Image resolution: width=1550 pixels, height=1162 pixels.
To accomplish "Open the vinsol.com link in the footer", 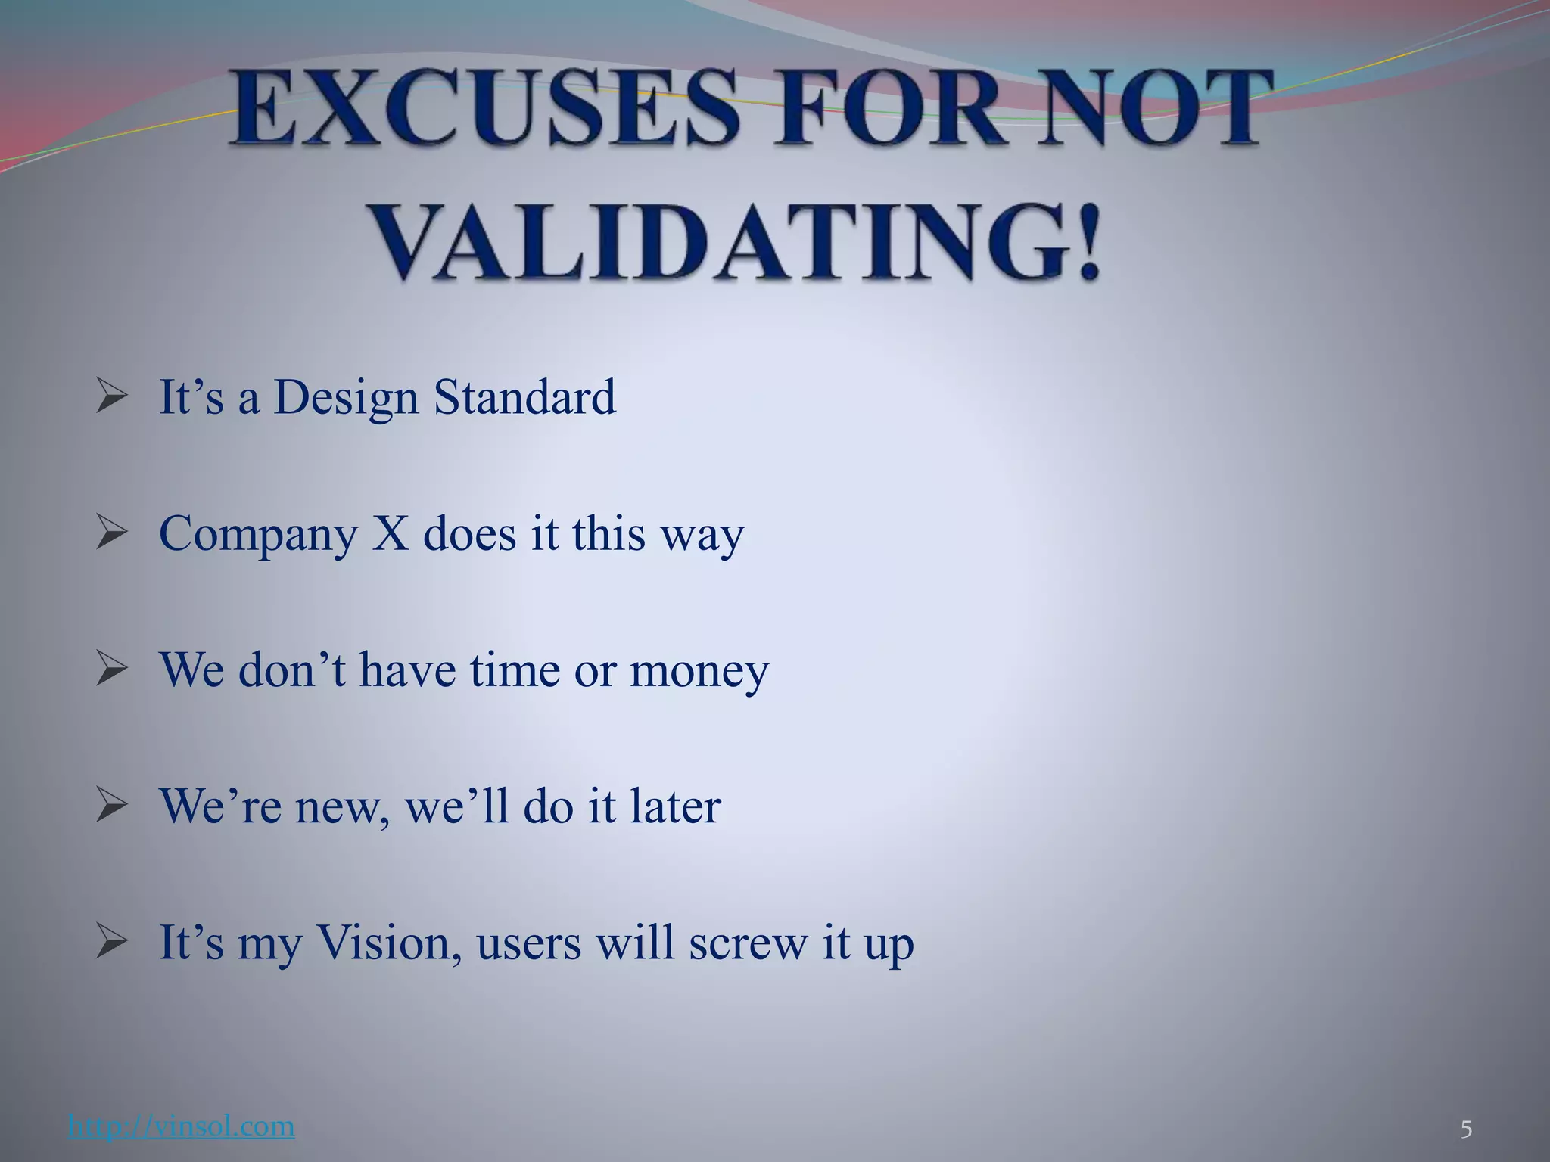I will tap(181, 1126).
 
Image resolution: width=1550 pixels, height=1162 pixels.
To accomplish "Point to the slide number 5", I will tap(1466, 1130).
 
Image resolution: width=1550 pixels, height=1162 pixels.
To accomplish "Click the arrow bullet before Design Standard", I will tap(112, 397).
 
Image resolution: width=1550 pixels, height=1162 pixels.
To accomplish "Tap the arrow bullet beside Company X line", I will tap(112, 533).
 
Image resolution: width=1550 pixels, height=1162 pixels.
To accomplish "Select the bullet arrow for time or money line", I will tap(112, 670).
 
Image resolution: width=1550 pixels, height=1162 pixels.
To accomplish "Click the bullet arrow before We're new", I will tap(112, 806).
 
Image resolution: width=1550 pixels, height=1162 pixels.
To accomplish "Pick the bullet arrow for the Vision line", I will tap(112, 942).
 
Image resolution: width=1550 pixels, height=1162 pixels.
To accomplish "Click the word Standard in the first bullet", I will tap(524, 397).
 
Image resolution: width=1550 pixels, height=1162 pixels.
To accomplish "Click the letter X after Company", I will tap(391, 533).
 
